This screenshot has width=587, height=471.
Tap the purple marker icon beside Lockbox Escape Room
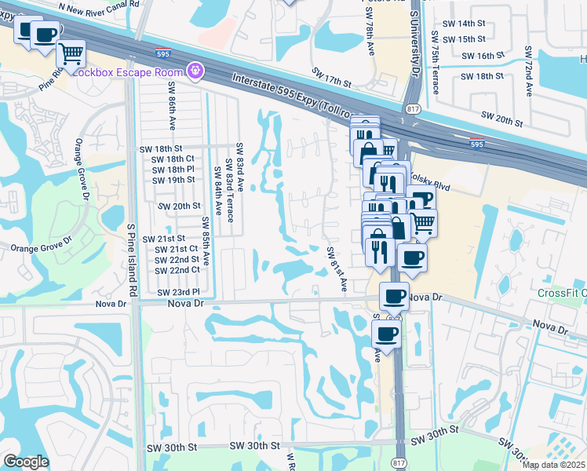pos(195,71)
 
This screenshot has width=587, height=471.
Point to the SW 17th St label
pos(330,76)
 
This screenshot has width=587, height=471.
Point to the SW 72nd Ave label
pos(528,72)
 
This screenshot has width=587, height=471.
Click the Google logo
pos(26,462)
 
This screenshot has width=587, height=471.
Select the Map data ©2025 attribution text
pos(553,465)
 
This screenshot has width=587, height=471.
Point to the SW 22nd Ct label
pos(177,270)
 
